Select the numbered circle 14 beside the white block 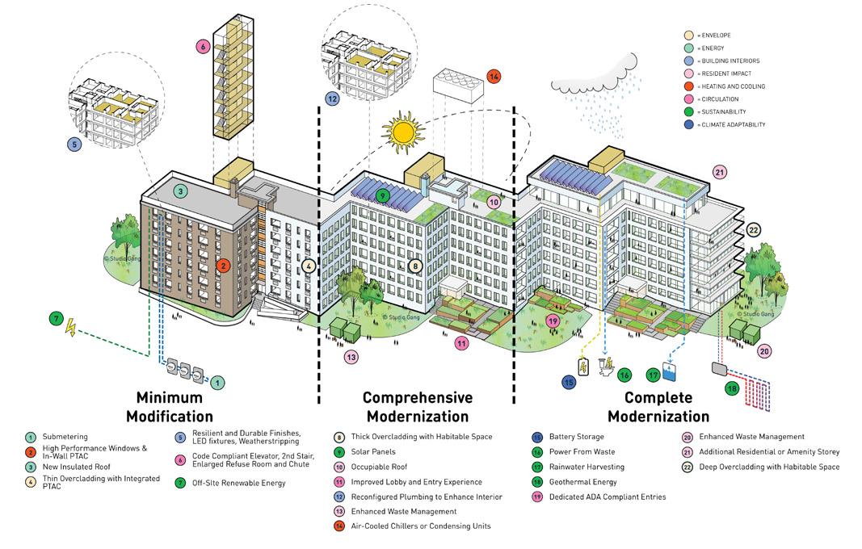pyautogui.click(x=494, y=78)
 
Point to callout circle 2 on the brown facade pyautogui.click(x=224, y=265)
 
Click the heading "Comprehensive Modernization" pyautogui.click(x=417, y=407)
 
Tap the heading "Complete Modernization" pyautogui.click(x=658, y=407)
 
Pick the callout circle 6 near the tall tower pyautogui.click(x=201, y=47)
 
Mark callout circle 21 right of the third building pyautogui.click(x=720, y=172)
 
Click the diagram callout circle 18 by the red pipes pyautogui.click(x=732, y=388)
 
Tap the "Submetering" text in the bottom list pyautogui.click(x=65, y=437)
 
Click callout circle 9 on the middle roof pyautogui.click(x=383, y=195)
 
